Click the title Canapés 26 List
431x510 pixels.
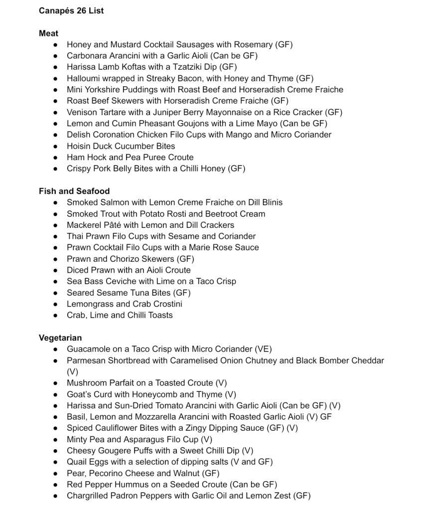point(71,10)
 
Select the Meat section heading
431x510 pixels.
point(48,33)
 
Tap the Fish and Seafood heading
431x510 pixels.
point(74,191)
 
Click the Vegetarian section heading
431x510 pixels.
point(60,338)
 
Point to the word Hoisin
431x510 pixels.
point(80,146)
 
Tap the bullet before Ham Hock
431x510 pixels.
point(55,158)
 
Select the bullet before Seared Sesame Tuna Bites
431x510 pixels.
point(55,293)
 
